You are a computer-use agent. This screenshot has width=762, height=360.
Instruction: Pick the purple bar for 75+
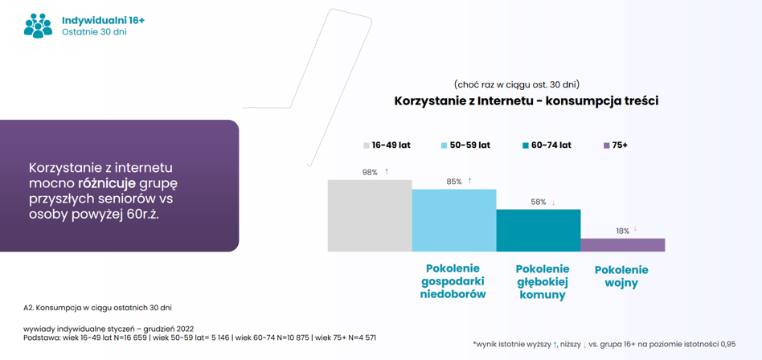click(x=622, y=244)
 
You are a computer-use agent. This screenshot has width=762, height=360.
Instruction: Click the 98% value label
click(x=370, y=172)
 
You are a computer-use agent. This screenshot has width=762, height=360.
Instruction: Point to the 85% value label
click(x=454, y=182)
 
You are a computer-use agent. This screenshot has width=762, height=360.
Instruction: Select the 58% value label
click(x=539, y=202)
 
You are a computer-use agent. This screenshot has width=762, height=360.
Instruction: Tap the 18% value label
click(x=623, y=231)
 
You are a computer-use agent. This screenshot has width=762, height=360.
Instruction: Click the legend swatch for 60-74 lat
click(x=526, y=145)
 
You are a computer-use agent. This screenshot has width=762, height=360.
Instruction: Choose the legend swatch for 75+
click(x=606, y=145)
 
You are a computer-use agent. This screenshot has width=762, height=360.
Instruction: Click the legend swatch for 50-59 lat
click(x=444, y=145)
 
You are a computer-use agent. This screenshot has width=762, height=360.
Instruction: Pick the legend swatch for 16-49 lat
click(x=366, y=145)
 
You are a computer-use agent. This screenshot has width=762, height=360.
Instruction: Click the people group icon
click(x=38, y=25)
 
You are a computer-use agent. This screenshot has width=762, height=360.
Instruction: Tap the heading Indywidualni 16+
click(x=103, y=19)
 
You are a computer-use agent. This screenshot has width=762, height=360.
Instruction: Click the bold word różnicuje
click(x=107, y=184)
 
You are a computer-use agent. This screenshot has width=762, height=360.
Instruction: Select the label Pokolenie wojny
click(x=622, y=276)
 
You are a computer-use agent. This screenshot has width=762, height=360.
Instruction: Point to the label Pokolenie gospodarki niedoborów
click(x=453, y=280)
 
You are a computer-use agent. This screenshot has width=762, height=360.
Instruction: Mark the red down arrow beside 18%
click(x=635, y=230)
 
